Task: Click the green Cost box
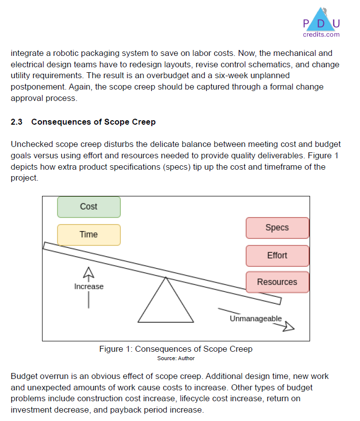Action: click(89, 207)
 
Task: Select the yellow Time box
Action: click(89, 234)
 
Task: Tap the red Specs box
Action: click(277, 228)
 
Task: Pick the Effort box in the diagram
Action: click(277, 255)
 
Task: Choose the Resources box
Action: click(277, 282)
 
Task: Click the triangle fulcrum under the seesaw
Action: click(166, 304)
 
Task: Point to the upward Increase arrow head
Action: click(89, 272)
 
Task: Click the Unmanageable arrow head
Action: click(289, 327)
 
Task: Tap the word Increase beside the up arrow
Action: click(89, 286)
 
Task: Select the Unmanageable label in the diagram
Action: click(256, 319)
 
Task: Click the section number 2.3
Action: click(17, 122)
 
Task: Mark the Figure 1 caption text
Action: click(176, 349)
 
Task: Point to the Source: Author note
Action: click(176, 358)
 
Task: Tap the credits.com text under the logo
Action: click(321, 34)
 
